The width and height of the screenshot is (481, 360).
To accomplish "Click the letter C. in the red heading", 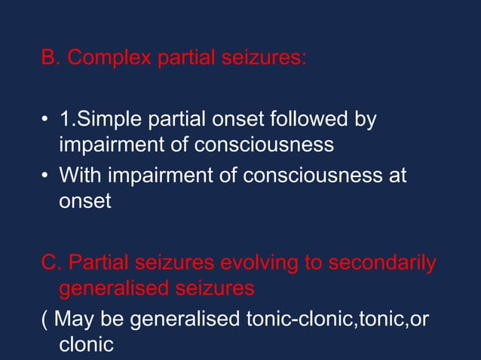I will (x=51, y=264).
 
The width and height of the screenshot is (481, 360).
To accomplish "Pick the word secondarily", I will (x=382, y=264).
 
